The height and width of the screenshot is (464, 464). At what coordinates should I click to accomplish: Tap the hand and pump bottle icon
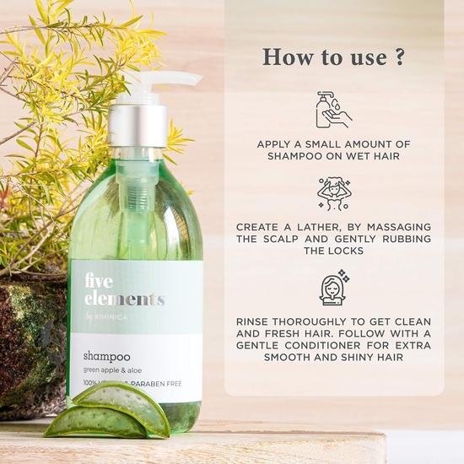point(333,110)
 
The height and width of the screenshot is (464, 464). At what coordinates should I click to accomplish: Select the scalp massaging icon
point(333,194)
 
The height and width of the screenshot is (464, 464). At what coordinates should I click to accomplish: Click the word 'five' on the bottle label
point(99,282)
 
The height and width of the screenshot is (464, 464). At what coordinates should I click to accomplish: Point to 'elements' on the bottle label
point(124,299)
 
